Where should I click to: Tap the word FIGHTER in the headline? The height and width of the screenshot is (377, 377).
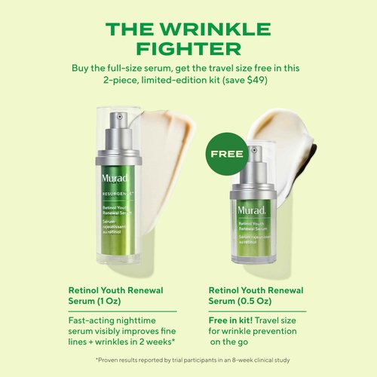click(x=188, y=49)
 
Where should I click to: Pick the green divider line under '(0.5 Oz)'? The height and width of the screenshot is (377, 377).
click(x=257, y=310)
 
